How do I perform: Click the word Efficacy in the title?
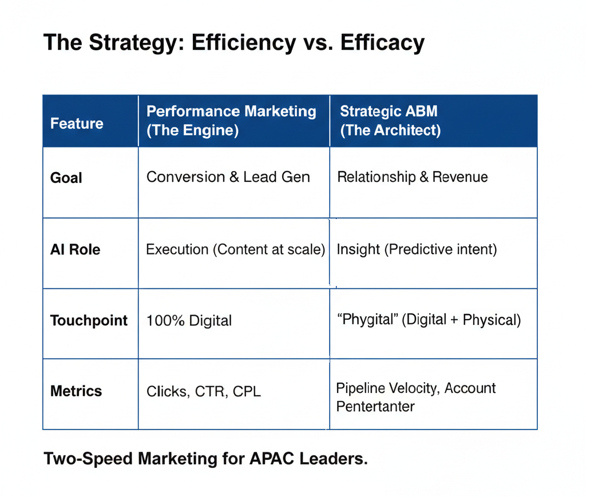(x=382, y=42)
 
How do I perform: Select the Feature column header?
(x=77, y=124)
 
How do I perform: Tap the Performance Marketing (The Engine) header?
(x=231, y=120)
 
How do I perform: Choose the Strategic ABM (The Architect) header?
(x=390, y=120)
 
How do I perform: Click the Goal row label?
(x=66, y=178)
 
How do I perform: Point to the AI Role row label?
(x=75, y=249)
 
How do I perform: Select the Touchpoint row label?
(x=89, y=320)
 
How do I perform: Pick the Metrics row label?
(x=76, y=391)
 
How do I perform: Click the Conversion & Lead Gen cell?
(x=228, y=177)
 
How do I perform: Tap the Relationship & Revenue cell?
(x=412, y=177)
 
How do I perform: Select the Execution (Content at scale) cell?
(x=236, y=249)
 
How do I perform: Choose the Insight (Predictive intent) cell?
(x=417, y=249)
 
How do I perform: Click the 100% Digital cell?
(x=189, y=320)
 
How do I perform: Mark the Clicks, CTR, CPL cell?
(x=203, y=392)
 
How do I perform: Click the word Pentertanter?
(x=375, y=407)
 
